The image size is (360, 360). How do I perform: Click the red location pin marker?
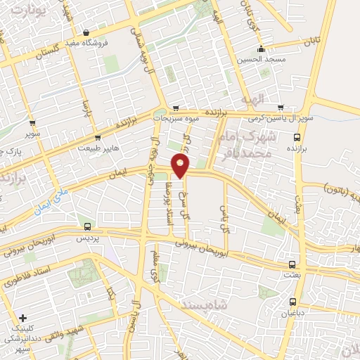pyautogui.click(x=181, y=166)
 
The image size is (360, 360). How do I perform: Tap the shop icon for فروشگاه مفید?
pyautogui.click(x=86, y=32)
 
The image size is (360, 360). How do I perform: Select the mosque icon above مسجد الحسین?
pyautogui.click(x=262, y=49)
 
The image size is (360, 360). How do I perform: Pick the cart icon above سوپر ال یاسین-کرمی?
pyautogui.click(x=281, y=108)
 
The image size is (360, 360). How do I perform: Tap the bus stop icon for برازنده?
pyautogui.click(x=296, y=138)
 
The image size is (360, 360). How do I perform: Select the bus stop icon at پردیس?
pyautogui.click(x=87, y=226)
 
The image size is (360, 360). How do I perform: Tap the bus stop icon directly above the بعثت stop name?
pyautogui.click(x=292, y=264)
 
